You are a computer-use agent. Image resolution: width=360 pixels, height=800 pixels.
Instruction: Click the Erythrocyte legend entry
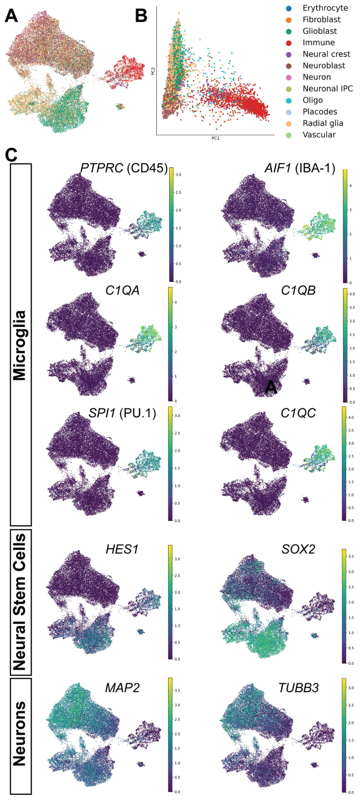pyautogui.click(x=321, y=8)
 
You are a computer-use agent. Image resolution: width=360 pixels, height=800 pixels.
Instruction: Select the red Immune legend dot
pyautogui.click(x=289, y=42)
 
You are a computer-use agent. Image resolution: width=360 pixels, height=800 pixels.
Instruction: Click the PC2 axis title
pyautogui.click(x=153, y=71)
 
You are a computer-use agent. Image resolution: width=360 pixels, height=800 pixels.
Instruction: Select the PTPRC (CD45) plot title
pyautogui.click(x=124, y=168)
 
